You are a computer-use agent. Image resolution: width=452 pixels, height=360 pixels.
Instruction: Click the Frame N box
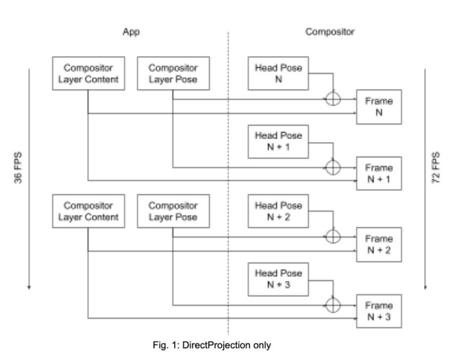[379, 107]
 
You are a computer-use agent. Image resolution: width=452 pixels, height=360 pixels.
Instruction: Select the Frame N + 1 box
[379, 174]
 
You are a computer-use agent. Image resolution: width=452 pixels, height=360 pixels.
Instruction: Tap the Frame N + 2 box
[379, 244]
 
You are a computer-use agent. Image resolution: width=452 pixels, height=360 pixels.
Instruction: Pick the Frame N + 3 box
[379, 311]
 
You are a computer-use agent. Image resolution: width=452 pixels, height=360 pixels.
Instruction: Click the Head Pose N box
[278, 73]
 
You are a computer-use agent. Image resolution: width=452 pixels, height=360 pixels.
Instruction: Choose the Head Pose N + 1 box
[278, 141]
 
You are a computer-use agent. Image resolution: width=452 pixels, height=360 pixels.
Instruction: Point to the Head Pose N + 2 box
[278, 211]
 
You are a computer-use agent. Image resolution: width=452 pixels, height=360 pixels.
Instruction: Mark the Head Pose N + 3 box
[278, 279]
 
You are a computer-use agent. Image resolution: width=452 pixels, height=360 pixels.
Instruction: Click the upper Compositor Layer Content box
[88, 73]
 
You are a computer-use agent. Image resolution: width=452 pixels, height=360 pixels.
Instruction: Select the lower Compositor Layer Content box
[88, 211]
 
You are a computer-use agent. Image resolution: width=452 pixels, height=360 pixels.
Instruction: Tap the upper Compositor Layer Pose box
[173, 73]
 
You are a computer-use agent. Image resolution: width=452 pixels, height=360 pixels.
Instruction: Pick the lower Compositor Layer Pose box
[173, 211]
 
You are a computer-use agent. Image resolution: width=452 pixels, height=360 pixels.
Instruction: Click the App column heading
[131, 32]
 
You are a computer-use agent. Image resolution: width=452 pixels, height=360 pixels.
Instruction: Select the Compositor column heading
[330, 32]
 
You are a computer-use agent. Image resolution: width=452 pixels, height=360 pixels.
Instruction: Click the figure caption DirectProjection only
[212, 345]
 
